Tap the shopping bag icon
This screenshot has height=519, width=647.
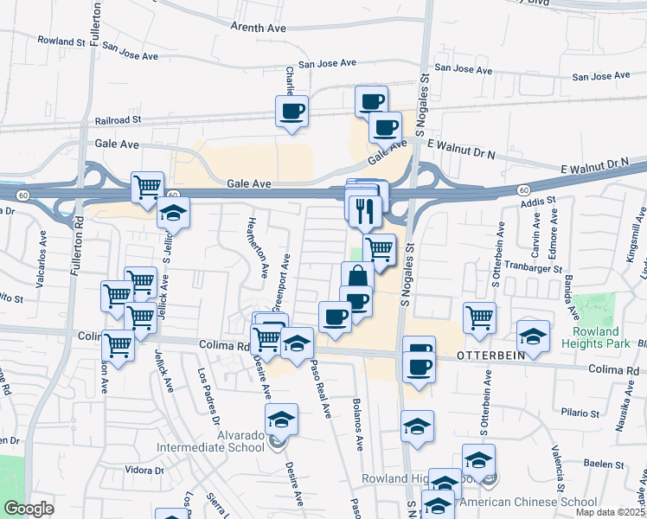[356, 278]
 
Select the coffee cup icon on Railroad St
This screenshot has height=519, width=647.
[291, 112]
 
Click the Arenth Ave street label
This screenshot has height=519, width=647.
[258, 28]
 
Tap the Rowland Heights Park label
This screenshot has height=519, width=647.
[596, 337]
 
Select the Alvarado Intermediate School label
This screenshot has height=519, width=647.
[210, 441]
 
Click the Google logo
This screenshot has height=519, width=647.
[29, 509]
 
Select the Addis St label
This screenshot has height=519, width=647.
[538, 202]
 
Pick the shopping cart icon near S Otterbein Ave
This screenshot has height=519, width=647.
[478, 317]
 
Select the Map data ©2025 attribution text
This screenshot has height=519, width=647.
[609, 512]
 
